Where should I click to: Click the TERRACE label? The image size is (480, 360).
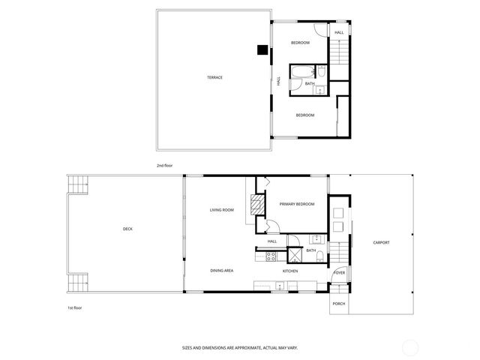[x=215, y=77]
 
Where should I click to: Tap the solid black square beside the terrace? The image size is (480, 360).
[x=262, y=50]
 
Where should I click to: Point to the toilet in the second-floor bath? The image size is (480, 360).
[x=321, y=72]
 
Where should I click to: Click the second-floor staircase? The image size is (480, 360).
[x=339, y=53]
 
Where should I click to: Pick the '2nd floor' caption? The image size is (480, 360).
[x=164, y=164]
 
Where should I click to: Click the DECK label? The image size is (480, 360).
[x=128, y=229]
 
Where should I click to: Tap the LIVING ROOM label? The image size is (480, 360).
[x=222, y=210]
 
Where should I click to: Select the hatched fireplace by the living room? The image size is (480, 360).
[x=256, y=207]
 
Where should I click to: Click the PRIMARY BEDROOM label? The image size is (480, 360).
[x=297, y=204]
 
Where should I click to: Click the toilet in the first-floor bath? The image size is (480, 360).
[x=320, y=256]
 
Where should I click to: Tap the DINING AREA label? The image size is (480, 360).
[x=222, y=270]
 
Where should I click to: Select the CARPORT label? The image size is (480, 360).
[x=381, y=242]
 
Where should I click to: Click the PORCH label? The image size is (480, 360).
[x=339, y=304]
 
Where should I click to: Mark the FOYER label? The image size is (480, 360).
[x=339, y=272]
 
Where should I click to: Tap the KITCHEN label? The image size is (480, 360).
[x=290, y=271]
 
